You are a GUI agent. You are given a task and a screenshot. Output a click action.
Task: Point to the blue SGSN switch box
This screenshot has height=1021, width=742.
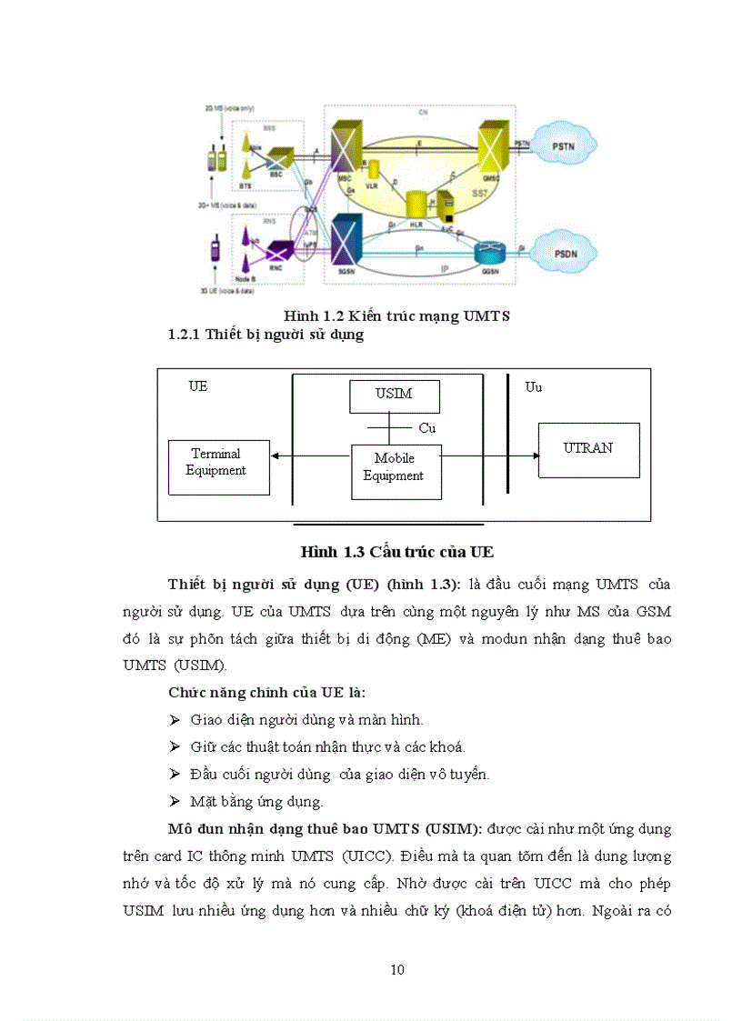click(346, 241)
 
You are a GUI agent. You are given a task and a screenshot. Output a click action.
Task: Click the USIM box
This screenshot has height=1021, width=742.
click(394, 395)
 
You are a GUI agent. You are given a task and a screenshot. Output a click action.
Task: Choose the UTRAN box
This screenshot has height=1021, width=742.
click(587, 449)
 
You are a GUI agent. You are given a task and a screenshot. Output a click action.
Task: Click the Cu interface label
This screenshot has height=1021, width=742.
click(427, 427)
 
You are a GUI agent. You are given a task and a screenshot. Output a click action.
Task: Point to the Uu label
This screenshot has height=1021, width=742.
click(534, 387)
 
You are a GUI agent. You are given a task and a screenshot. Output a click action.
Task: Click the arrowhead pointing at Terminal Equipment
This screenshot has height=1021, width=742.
click(276, 456)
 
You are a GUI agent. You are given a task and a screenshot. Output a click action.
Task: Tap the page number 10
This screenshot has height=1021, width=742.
click(397, 969)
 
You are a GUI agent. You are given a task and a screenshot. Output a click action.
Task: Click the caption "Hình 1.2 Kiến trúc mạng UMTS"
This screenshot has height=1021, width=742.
click(397, 316)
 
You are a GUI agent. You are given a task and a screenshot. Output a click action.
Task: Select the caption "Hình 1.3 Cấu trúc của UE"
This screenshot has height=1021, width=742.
click(397, 552)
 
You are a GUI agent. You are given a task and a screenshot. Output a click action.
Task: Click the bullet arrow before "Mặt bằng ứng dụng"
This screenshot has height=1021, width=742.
click(175, 802)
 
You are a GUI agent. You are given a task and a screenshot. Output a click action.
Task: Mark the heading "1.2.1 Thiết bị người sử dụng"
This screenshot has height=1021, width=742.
click(266, 335)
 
